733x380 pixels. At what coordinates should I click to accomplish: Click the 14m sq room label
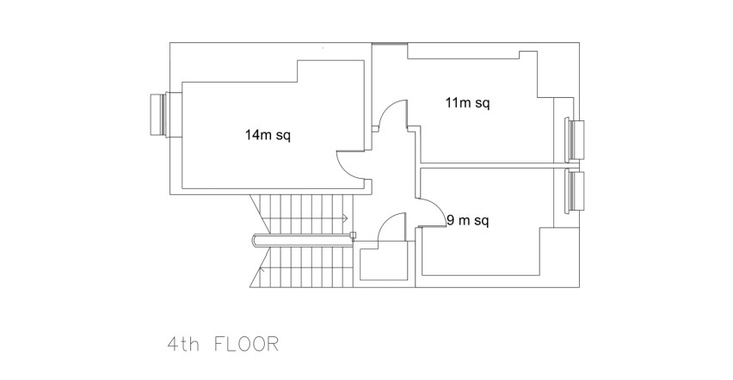click(268, 136)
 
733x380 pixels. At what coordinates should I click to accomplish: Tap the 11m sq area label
click(467, 103)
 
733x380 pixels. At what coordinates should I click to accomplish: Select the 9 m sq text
click(468, 220)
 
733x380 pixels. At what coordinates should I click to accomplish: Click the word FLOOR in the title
click(246, 345)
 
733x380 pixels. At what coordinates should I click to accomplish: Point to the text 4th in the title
click(183, 345)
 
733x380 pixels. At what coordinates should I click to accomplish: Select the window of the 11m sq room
click(575, 140)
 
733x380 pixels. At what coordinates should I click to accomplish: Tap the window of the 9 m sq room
click(575, 193)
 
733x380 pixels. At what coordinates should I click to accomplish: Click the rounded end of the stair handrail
click(254, 240)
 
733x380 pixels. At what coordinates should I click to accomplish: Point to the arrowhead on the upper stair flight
click(345, 218)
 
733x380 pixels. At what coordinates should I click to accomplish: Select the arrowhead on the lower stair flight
click(261, 269)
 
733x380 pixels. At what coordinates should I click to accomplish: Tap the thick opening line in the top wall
click(390, 44)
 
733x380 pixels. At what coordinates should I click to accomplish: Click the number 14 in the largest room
click(251, 135)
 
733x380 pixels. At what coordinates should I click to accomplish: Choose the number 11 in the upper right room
click(451, 102)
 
